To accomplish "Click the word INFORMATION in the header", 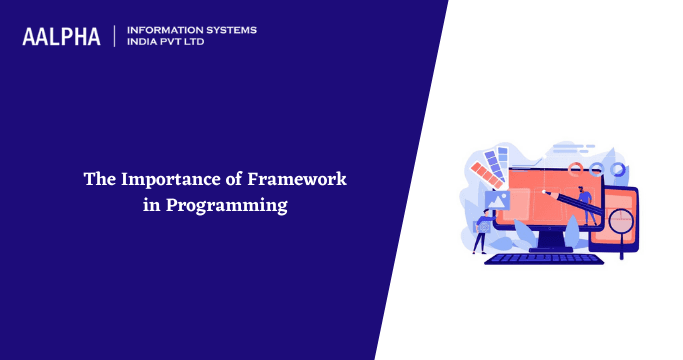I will pos(164,30).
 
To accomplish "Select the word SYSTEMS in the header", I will pos(229,30).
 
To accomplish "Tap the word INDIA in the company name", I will pos(146,43).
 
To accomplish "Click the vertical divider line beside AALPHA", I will pos(117,36).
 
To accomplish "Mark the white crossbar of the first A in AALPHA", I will pos(31,40).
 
